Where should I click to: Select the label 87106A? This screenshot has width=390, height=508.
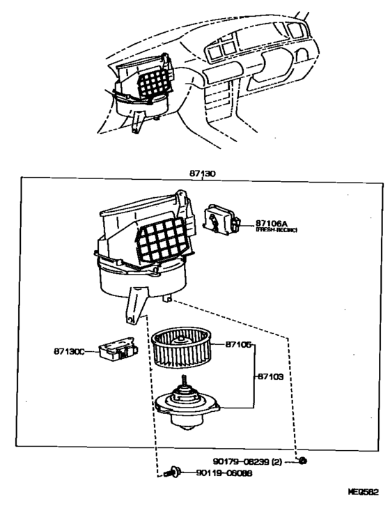point(272,222)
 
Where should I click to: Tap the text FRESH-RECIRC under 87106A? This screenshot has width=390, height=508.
point(276,229)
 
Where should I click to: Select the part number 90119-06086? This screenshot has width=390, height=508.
point(224,473)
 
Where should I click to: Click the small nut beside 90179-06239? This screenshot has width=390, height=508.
point(302,461)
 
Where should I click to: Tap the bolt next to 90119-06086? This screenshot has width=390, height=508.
point(172,473)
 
